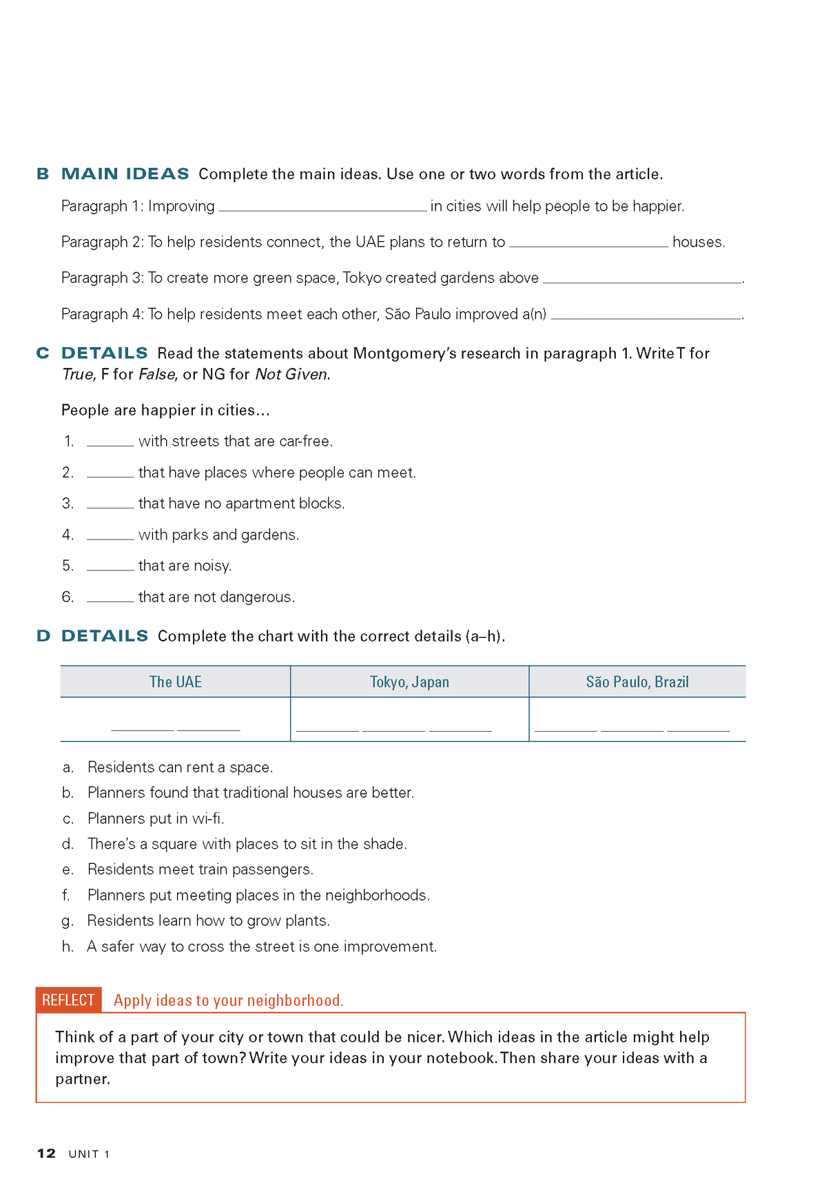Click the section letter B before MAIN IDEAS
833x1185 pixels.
coord(43,174)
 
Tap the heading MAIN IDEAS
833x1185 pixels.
coord(125,174)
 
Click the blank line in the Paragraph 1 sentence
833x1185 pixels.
coord(322,207)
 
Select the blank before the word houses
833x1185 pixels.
coord(588,243)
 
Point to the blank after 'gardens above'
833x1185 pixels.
coord(641,280)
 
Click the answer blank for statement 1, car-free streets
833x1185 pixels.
coord(110,443)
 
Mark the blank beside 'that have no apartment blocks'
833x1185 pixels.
coord(110,505)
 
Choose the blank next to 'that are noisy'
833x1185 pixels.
coord(110,567)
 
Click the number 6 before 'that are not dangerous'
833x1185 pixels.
coord(67,597)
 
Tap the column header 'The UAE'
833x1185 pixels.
coord(176,682)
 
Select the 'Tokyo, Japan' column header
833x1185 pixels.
coord(409,682)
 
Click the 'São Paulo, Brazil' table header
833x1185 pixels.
coord(637,682)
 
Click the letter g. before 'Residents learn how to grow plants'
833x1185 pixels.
coord(68,921)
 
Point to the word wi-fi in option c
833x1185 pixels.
coord(207,818)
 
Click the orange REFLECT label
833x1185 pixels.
coord(68,1000)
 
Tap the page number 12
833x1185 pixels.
coord(46,1153)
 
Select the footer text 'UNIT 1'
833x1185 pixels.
coord(89,1154)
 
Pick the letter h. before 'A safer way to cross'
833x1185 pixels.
coord(68,947)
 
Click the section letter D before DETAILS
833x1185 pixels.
coord(43,636)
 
